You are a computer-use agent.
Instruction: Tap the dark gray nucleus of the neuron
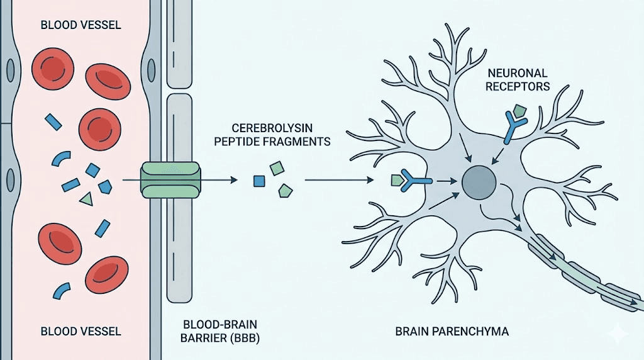coord(479,181)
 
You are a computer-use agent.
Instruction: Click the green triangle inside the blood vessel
coord(87,199)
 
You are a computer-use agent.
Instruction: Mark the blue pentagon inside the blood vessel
coord(105,186)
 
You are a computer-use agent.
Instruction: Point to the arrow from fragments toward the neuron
coord(340,181)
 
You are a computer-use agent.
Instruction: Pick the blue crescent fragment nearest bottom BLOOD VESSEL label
coord(62,290)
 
